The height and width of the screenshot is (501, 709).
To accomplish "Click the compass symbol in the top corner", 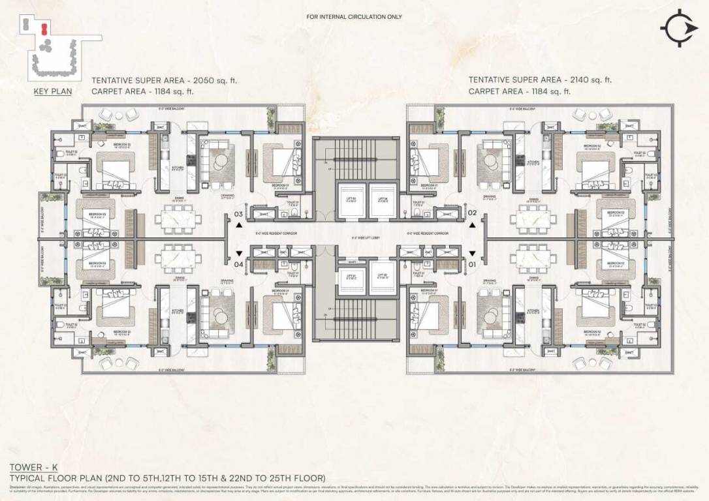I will pos(679,28).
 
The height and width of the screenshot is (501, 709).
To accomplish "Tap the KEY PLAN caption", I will pos(53,91).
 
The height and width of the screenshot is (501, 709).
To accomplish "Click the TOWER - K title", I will pos(29,467).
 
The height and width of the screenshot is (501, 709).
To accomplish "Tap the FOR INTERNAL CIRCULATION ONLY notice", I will pos(355,17).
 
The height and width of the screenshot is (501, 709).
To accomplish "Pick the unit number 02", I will pos(472,213).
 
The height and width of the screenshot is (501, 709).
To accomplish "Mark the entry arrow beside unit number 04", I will pos(240,253).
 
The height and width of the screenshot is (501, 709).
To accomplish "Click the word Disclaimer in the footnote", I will pos(18,487).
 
